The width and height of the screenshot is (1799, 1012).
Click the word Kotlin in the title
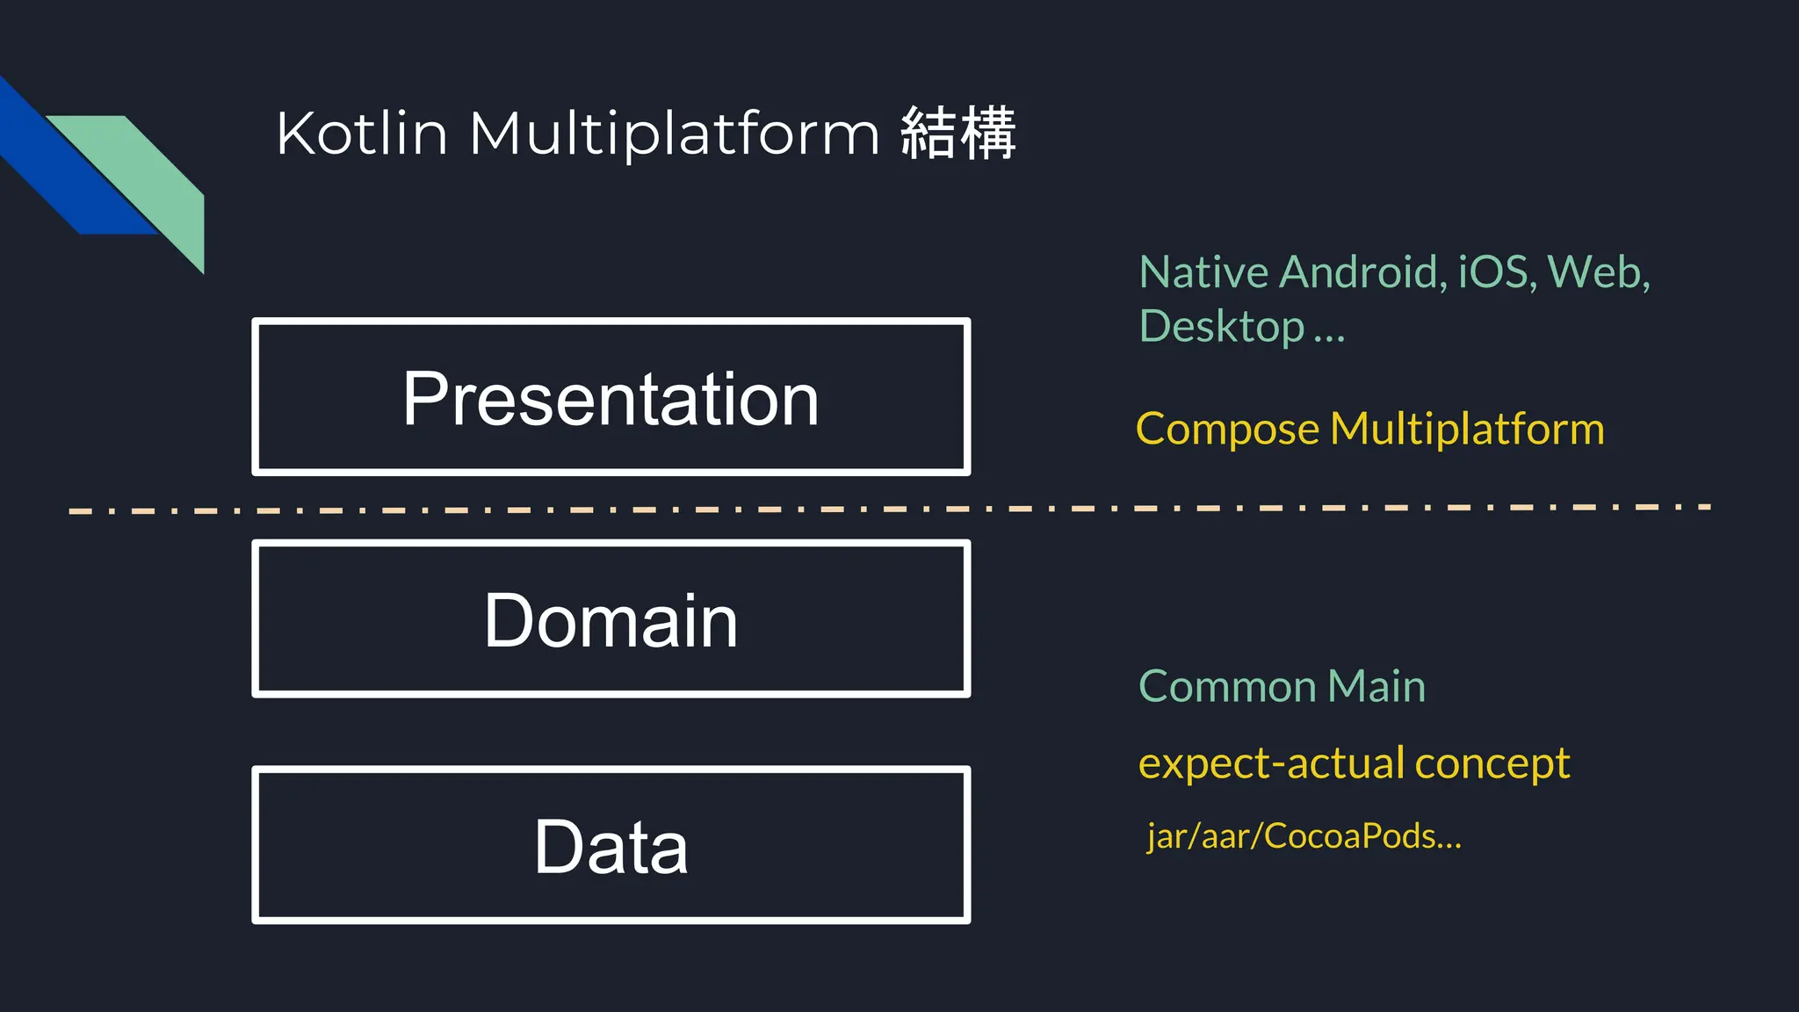(x=362, y=134)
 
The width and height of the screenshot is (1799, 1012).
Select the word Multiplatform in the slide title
(x=675, y=135)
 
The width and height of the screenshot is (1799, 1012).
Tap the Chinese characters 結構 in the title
(x=958, y=134)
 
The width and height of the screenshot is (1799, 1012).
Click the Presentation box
(x=611, y=398)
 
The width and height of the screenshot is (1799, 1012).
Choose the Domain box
(x=611, y=619)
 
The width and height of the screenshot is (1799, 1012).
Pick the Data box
(x=611, y=845)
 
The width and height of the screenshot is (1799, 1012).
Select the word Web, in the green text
(x=1598, y=271)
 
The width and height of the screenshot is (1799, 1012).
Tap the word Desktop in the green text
(x=1221, y=327)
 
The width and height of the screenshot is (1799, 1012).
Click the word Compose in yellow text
(x=1226, y=430)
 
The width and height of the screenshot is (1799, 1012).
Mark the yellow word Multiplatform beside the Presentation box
(x=1467, y=430)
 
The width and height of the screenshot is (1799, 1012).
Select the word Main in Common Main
(x=1376, y=686)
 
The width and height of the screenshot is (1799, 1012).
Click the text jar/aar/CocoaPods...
(x=1304, y=835)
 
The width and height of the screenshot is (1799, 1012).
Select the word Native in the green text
(x=1203, y=271)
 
